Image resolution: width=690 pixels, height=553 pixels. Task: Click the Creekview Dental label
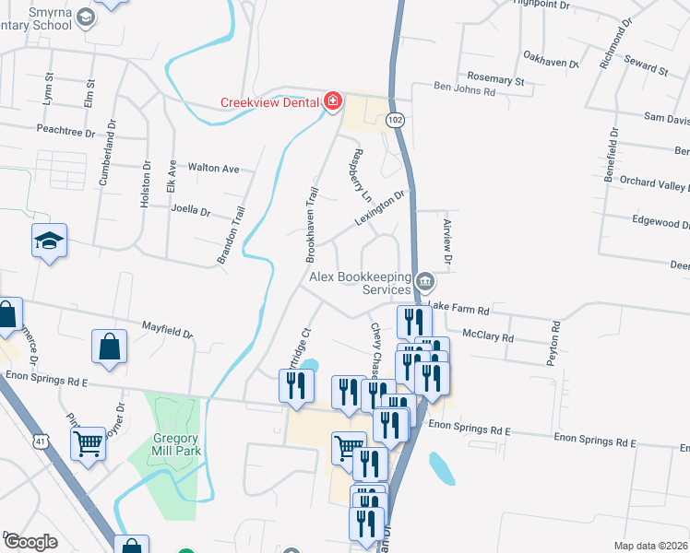(x=269, y=102)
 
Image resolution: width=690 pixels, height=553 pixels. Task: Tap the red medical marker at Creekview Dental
(x=333, y=100)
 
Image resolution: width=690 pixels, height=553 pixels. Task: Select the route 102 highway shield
(x=396, y=121)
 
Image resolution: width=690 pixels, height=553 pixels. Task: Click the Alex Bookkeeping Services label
(x=360, y=283)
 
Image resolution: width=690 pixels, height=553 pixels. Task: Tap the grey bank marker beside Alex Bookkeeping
(x=424, y=280)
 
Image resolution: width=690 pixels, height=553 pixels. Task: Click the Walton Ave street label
(x=213, y=169)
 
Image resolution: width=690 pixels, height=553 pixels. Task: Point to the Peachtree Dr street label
(x=65, y=132)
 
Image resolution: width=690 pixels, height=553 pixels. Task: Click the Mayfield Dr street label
(x=167, y=329)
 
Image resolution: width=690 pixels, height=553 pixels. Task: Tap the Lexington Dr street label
(x=380, y=208)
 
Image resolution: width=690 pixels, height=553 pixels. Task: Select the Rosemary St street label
(x=495, y=81)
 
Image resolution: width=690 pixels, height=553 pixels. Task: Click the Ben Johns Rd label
(x=465, y=91)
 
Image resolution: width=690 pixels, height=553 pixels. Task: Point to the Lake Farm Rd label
(x=458, y=307)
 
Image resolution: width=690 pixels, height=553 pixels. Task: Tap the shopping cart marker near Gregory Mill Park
(x=89, y=443)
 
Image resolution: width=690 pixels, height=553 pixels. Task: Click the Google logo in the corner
(x=30, y=542)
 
